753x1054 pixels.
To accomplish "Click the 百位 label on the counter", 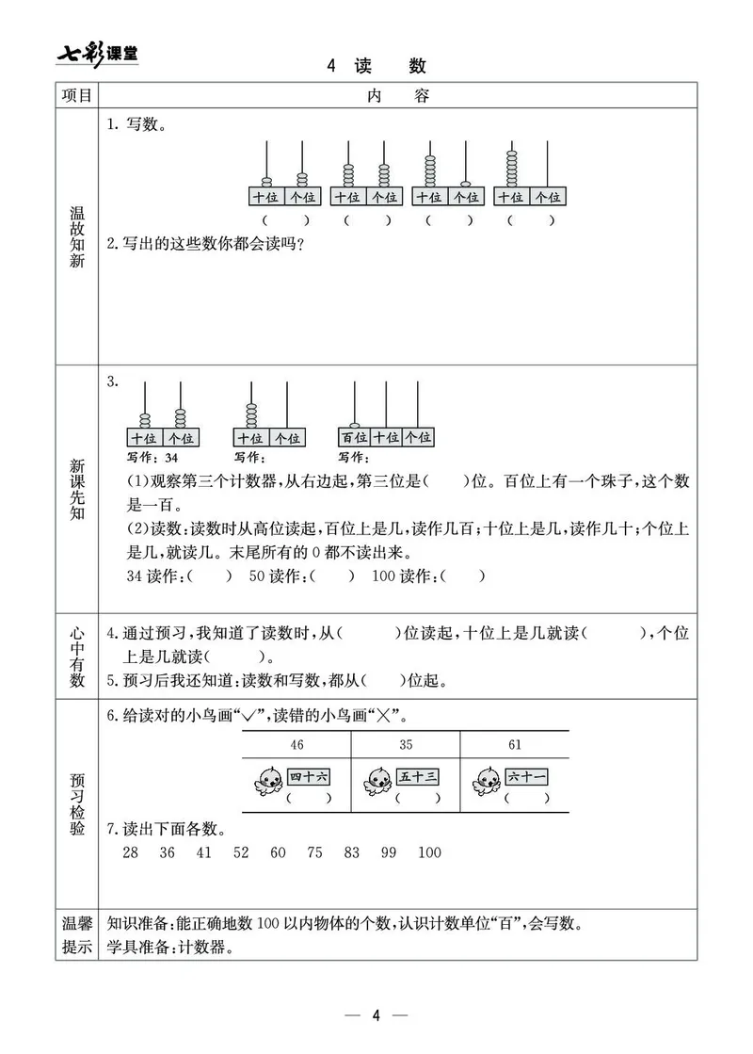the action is (x=354, y=437).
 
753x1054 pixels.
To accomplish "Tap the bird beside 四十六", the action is (x=266, y=779).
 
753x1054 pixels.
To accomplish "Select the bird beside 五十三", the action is (x=378, y=779).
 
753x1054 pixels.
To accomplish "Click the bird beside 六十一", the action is (x=488, y=779).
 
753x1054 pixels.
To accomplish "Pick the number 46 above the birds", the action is (x=297, y=745).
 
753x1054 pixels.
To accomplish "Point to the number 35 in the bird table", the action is (x=406, y=745).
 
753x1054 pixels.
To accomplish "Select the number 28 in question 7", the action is (x=130, y=852).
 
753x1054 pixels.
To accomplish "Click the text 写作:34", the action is (x=152, y=458).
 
